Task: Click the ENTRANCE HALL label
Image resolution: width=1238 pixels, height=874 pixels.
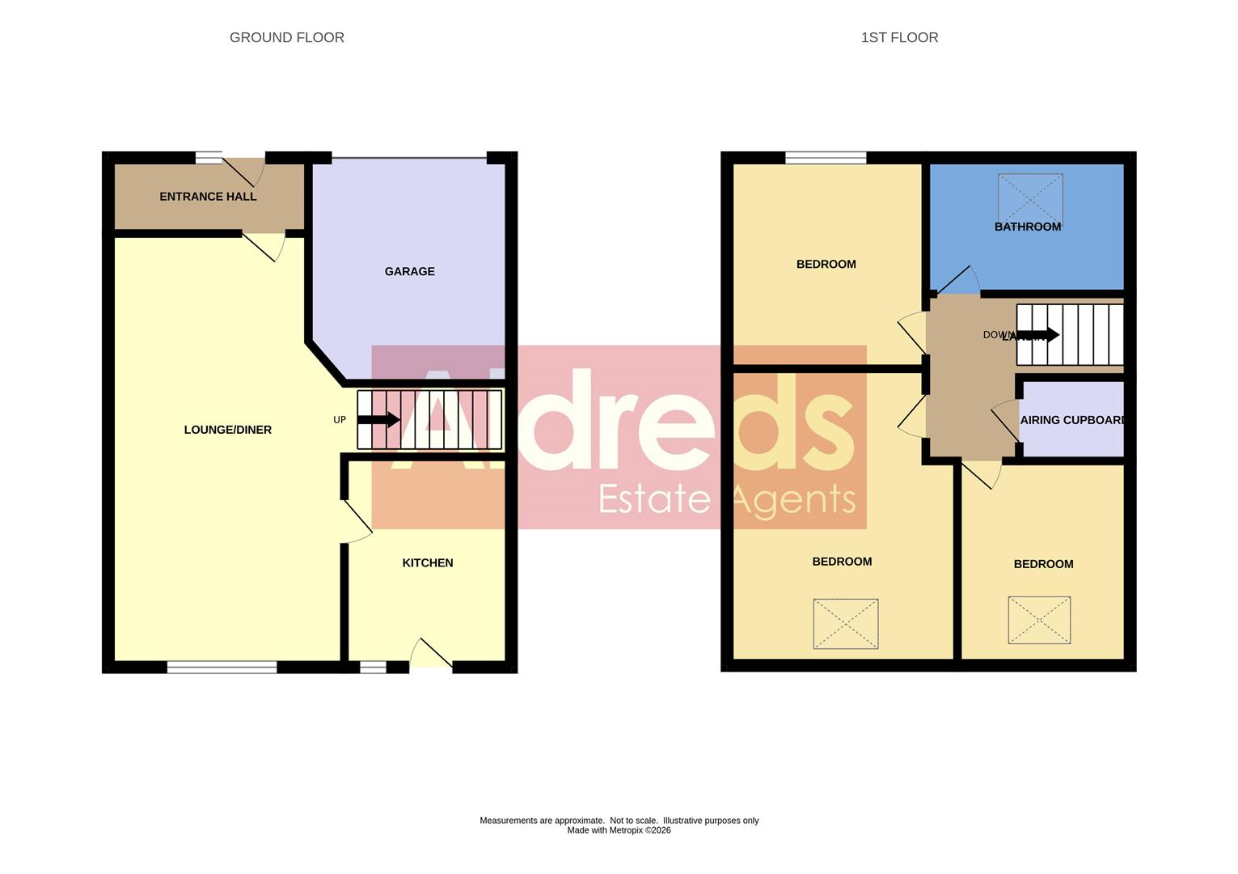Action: (x=208, y=197)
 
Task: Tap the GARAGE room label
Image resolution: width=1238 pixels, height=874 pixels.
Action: (x=409, y=272)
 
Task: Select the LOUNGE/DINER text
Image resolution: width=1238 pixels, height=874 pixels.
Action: (x=228, y=430)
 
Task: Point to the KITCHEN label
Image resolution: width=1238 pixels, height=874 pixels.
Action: (x=428, y=563)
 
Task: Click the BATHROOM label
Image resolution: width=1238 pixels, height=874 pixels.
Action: (x=1027, y=227)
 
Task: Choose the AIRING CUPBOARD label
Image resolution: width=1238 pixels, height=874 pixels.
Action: (x=1072, y=420)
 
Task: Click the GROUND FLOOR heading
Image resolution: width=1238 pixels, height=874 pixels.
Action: (x=287, y=38)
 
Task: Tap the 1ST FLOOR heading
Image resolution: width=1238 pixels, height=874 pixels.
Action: (x=899, y=38)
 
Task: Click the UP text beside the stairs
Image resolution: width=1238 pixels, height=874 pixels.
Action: (x=340, y=420)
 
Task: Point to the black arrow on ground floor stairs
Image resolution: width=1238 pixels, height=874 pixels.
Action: (x=378, y=419)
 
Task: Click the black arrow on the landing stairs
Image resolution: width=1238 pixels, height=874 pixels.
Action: (x=1039, y=334)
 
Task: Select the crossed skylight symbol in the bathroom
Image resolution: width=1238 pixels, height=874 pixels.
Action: (x=1029, y=197)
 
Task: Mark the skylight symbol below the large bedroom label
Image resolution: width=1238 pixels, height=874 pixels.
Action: (x=846, y=623)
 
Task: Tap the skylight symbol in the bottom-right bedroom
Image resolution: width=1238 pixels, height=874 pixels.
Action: (x=1039, y=620)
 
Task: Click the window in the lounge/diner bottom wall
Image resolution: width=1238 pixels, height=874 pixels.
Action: (x=222, y=667)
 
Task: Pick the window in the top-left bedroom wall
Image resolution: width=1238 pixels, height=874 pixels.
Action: (x=826, y=158)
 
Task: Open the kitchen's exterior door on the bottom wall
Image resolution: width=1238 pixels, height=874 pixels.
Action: (x=431, y=655)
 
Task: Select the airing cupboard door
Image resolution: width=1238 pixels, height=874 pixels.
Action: (x=1006, y=421)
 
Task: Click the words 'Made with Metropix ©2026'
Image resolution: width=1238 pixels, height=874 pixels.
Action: (x=619, y=830)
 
